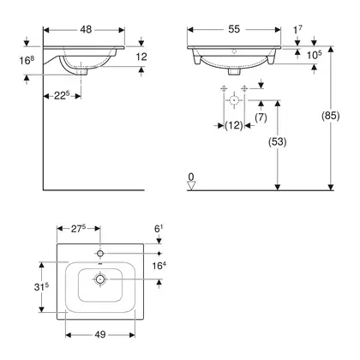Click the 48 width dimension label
[x=86, y=29]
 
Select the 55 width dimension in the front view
[x=234, y=29]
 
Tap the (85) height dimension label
[x=331, y=116]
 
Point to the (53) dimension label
[x=278, y=141]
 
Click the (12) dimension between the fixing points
[x=234, y=125]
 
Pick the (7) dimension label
[x=261, y=117]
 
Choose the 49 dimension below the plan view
[x=100, y=334]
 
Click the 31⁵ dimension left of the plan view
[x=41, y=286]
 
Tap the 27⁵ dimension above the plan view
[x=78, y=229]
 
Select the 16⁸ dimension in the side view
[x=27, y=60]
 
